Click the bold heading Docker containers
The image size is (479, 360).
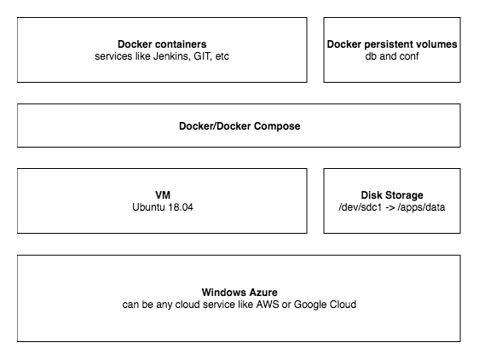(162, 44)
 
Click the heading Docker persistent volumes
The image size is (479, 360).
(392, 44)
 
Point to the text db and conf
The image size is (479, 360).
(392, 56)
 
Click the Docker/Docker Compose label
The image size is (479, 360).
(239, 126)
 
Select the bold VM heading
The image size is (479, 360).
(162, 195)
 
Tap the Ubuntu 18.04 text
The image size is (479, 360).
(162, 207)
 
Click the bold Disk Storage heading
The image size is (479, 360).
(392, 195)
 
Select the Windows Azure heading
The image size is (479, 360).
(239, 291)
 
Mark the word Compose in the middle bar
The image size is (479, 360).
(279, 126)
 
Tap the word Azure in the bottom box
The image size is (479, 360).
(260, 291)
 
